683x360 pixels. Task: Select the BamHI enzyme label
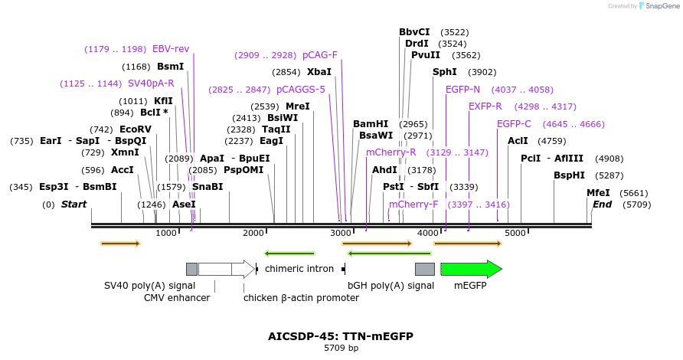coord(371,124)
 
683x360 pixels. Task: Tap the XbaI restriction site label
coord(319,72)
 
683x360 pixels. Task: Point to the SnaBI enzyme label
coord(208,187)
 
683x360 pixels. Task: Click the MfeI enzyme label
coord(598,193)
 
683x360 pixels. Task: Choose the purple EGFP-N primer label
coord(462,90)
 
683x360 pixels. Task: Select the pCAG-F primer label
coord(320,55)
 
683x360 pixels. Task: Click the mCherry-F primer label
coord(413,205)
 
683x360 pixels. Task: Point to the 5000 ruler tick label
coord(515,233)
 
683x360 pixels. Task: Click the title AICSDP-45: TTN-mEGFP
coord(341,336)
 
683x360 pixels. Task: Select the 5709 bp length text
coord(341,349)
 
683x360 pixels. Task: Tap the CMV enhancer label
coord(177,298)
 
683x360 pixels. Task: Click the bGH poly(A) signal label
coord(391,286)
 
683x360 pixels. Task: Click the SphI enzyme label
coord(444,72)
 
